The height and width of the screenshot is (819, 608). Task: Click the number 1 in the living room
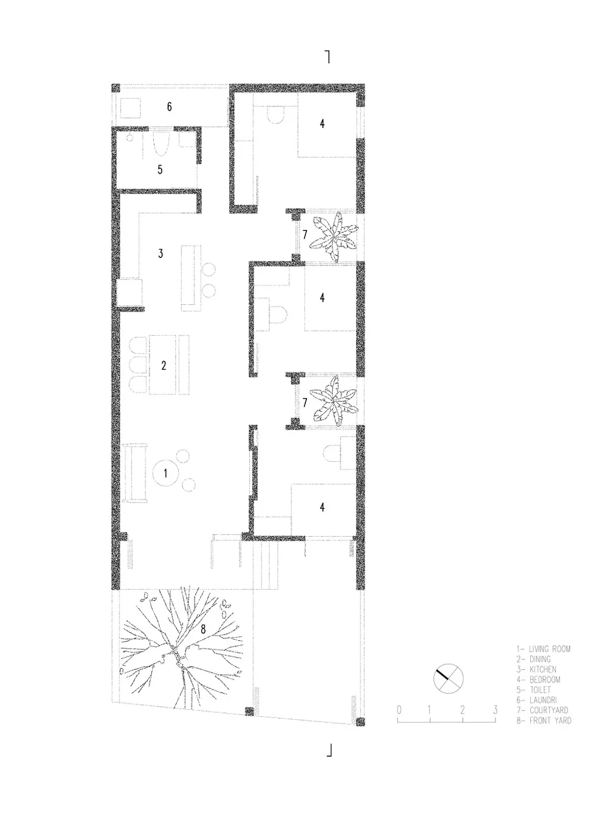pyautogui.click(x=165, y=473)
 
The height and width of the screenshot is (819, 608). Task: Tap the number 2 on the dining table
pyautogui.click(x=164, y=366)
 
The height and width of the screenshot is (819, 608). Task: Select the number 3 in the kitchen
pyautogui.click(x=161, y=253)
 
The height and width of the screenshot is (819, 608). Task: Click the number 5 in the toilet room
pyautogui.click(x=160, y=170)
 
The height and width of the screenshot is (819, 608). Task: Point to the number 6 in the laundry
pyautogui.click(x=170, y=106)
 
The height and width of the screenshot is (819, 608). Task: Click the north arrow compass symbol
pyautogui.click(x=448, y=678)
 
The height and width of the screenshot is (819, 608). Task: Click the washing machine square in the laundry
pyautogui.click(x=130, y=108)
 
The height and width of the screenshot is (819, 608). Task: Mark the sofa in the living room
pyautogui.click(x=134, y=472)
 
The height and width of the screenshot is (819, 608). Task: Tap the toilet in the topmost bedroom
pyautogui.click(x=275, y=114)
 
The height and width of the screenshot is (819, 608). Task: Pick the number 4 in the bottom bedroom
pyautogui.click(x=322, y=507)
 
